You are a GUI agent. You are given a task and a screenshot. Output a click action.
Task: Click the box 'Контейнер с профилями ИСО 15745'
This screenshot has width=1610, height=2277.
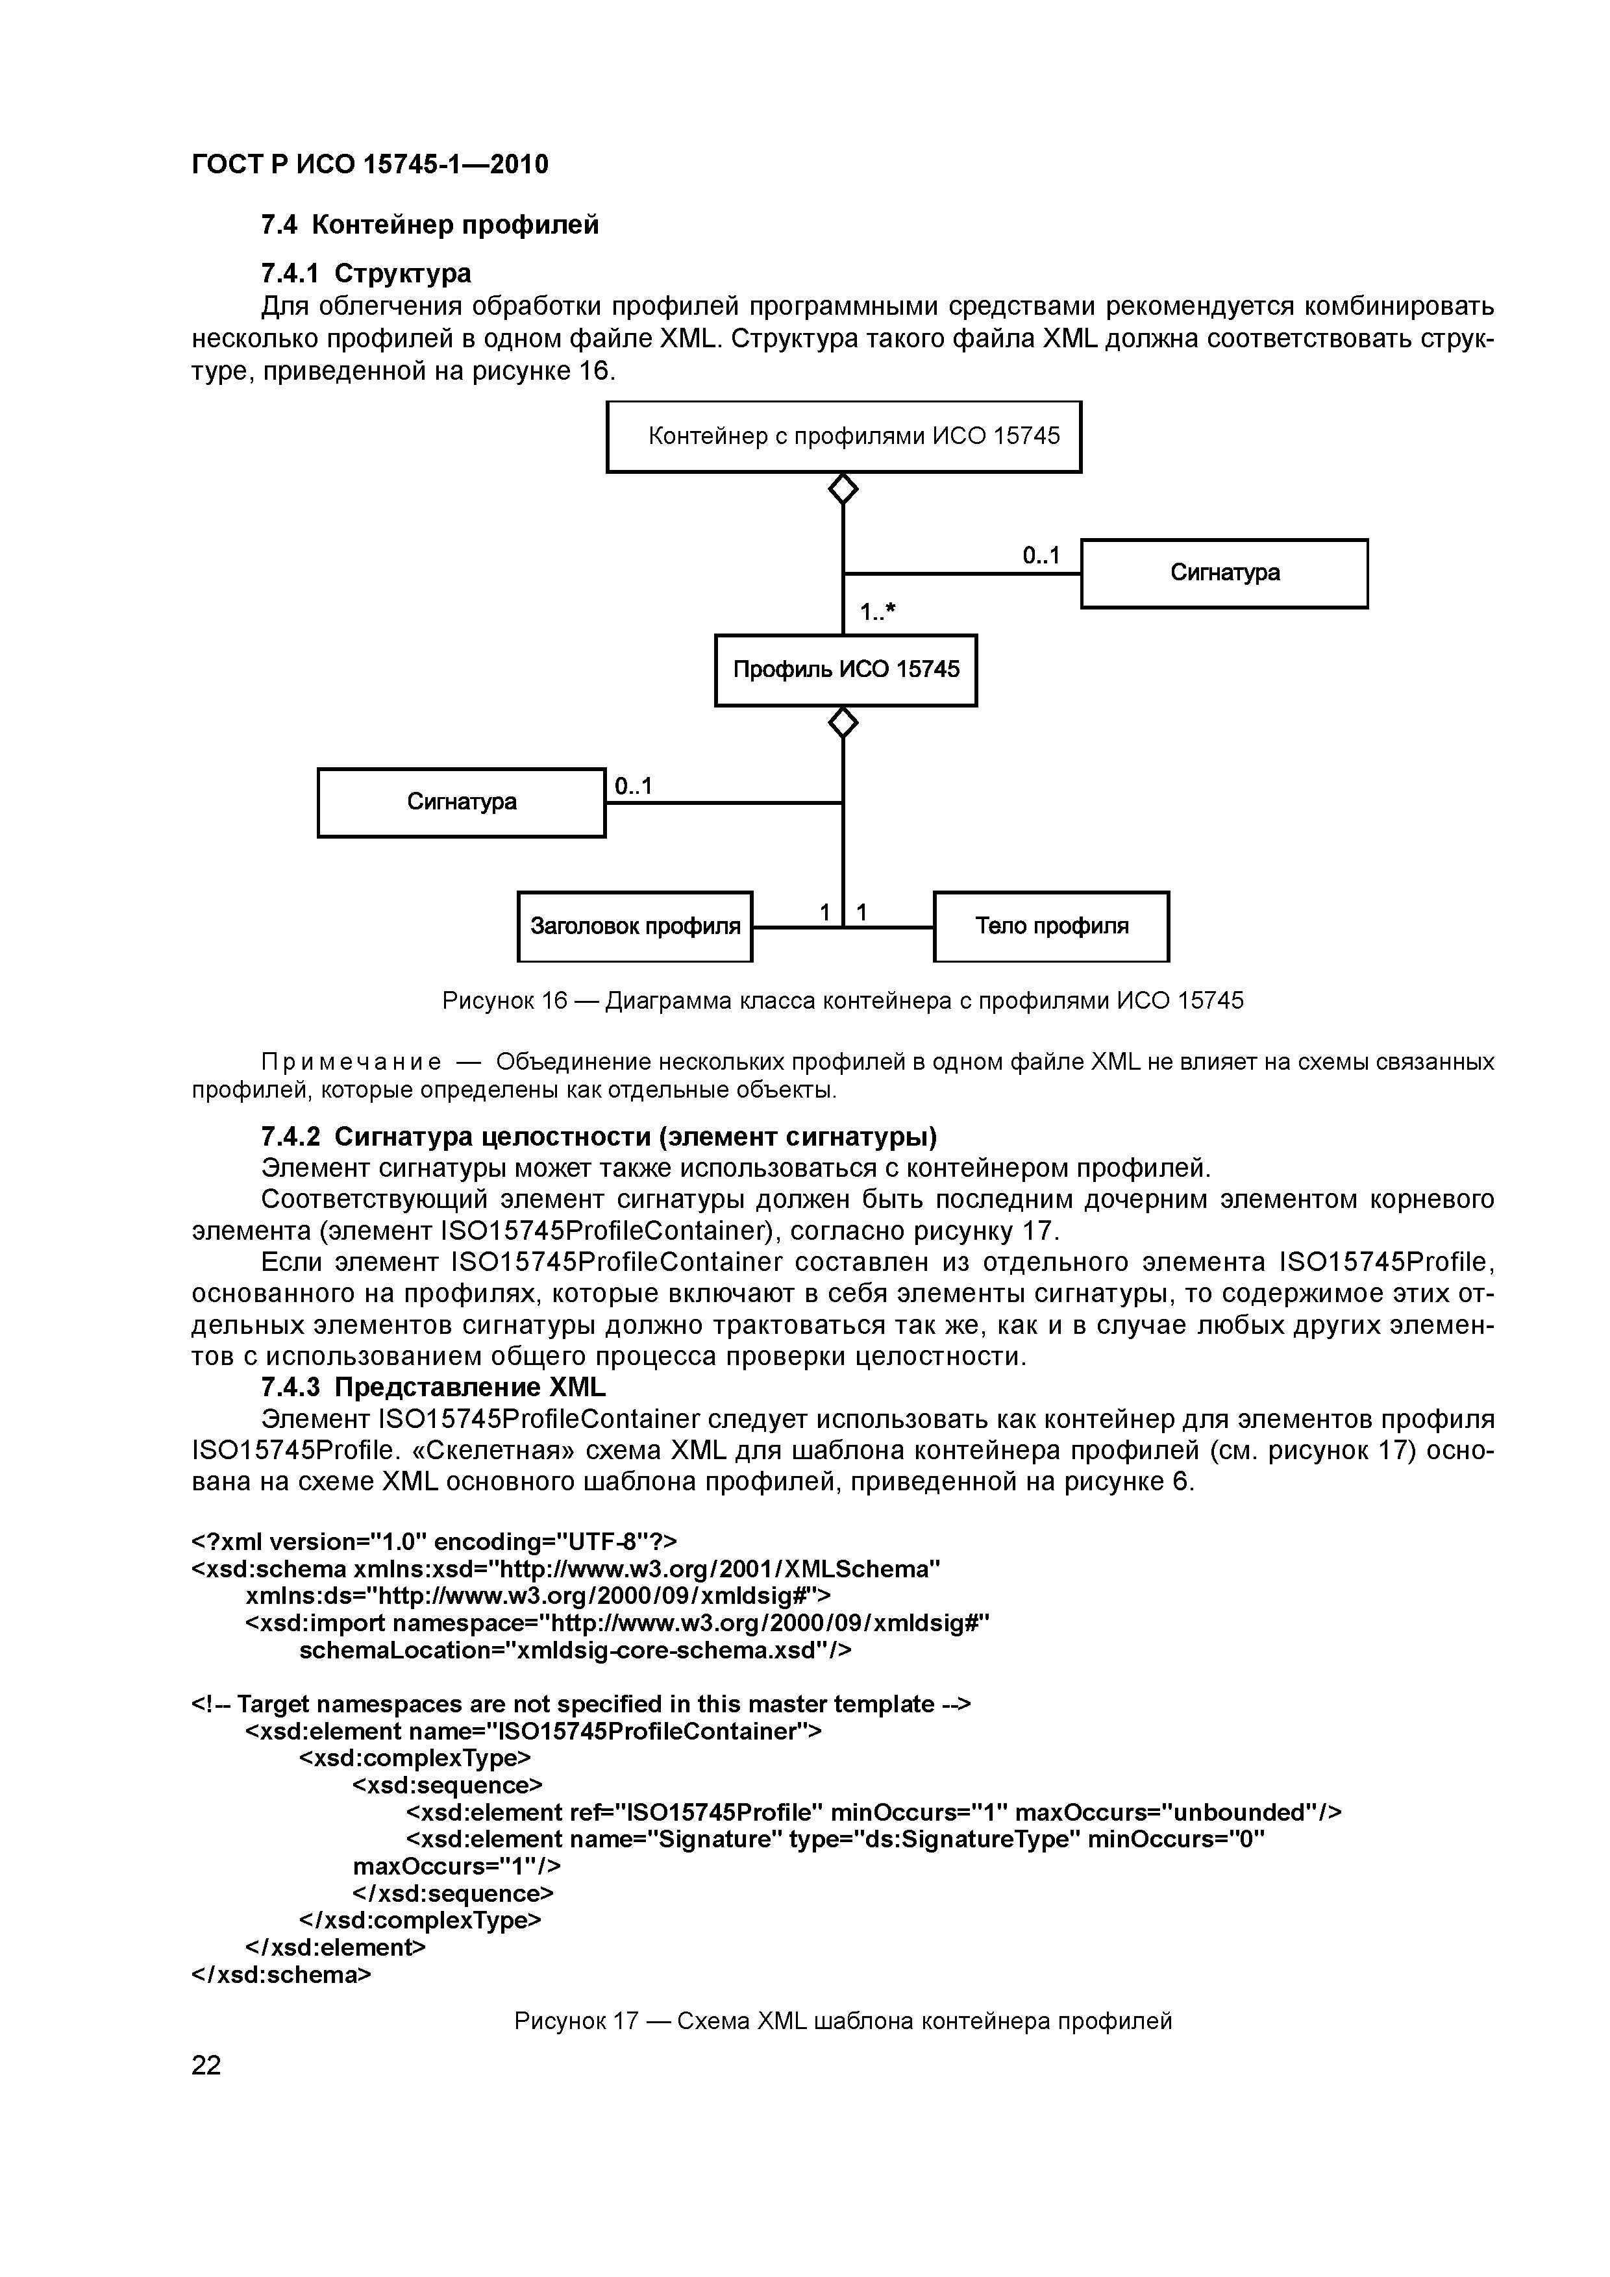[x=843, y=436]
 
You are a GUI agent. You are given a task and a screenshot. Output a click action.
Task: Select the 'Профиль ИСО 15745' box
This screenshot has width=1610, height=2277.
[x=845, y=671]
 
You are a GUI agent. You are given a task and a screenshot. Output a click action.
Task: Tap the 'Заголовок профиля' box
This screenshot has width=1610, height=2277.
[x=635, y=926]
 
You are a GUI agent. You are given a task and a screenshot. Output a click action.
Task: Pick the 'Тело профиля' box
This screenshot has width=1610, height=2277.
[x=1052, y=926]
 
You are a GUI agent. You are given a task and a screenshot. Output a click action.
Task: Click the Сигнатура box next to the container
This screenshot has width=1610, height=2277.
[x=1224, y=573]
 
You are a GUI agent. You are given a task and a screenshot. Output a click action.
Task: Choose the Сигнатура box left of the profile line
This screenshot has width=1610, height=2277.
[x=462, y=802]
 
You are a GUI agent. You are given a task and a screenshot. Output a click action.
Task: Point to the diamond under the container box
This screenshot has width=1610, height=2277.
[x=843, y=488]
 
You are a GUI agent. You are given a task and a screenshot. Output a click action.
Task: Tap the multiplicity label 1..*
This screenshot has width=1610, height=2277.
[x=877, y=613]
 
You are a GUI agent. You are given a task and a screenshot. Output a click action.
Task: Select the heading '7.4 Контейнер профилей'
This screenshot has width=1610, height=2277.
[x=430, y=225]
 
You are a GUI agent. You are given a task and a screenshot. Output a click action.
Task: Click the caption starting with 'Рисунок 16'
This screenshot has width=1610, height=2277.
[x=842, y=1001]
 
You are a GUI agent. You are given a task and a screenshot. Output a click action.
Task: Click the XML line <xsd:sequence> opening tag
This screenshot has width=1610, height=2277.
[x=447, y=1785]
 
